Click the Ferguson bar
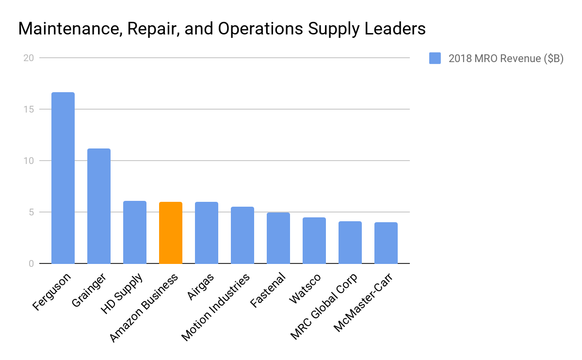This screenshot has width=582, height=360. (x=63, y=178)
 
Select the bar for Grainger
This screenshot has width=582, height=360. (x=99, y=206)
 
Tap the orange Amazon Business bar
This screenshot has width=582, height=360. (x=171, y=233)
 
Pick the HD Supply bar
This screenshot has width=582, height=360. (x=135, y=232)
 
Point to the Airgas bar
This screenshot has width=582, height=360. (x=207, y=233)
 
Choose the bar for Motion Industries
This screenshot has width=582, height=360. (x=242, y=235)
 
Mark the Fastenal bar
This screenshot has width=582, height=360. (x=278, y=238)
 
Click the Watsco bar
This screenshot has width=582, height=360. (x=314, y=241)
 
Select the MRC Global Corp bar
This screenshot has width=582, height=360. (x=350, y=243)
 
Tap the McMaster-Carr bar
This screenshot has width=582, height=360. (x=386, y=243)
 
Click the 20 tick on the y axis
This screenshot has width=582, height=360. (x=29, y=58)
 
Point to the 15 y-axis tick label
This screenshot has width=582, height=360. (x=29, y=110)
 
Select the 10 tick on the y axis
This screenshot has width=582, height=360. (x=29, y=161)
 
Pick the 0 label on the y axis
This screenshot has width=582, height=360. (x=31, y=264)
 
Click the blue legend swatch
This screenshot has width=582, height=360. (x=435, y=59)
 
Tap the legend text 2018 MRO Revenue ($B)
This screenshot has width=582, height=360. (x=506, y=59)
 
